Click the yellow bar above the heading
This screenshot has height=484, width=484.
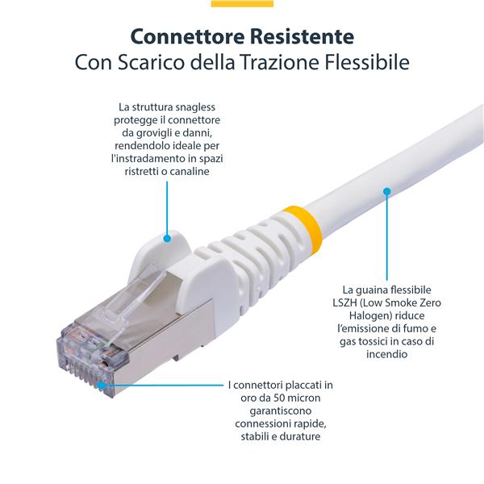coord(242,3)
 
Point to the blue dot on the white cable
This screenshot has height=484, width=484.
coord(387,192)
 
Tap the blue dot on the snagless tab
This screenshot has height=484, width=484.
coord(167,238)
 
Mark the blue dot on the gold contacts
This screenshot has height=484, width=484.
coord(101,386)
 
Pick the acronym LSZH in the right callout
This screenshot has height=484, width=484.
coord(358,302)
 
